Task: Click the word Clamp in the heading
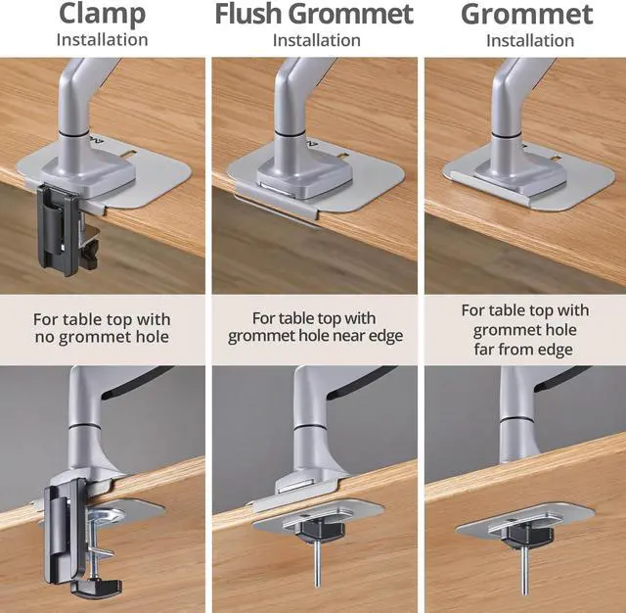click(x=102, y=15)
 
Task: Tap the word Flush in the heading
click(x=248, y=14)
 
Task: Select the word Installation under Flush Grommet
click(x=317, y=40)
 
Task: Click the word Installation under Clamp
click(x=102, y=40)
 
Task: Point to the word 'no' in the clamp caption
click(x=44, y=337)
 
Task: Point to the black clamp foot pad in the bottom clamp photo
click(x=97, y=588)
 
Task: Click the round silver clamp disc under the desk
click(x=106, y=515)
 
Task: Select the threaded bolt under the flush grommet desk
click(x=317, y=563)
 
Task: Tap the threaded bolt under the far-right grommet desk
click(x=524, y=570)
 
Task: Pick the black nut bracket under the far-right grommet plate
click(x=528, y=537)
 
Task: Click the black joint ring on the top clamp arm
click(x=73, y=134)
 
